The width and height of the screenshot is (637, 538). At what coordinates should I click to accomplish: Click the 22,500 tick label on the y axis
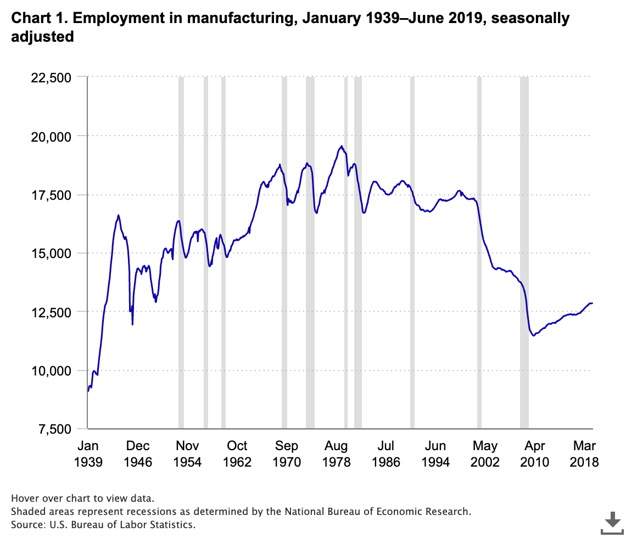49,77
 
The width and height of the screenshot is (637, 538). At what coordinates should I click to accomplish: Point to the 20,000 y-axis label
49,136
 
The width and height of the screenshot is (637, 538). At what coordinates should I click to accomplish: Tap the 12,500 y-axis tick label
49,312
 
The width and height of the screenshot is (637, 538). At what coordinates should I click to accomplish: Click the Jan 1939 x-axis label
88,453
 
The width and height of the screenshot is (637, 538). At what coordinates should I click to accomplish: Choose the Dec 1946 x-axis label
138,453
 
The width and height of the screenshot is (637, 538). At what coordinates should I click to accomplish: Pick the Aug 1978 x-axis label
336,453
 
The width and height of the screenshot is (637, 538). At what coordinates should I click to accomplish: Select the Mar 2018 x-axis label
584,453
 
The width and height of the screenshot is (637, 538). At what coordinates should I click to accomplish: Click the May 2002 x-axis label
485,453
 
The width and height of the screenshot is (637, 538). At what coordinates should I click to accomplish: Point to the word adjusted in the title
42,37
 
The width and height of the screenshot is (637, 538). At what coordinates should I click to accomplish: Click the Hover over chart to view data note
82,498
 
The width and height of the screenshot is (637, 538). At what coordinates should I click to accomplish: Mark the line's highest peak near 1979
341,146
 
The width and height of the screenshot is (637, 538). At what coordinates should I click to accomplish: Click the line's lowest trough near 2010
533,335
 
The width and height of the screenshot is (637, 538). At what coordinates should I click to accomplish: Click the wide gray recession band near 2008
524,253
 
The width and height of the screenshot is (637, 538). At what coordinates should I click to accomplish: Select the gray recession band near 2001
479,253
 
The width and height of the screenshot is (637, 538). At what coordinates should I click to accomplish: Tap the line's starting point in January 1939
88,391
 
